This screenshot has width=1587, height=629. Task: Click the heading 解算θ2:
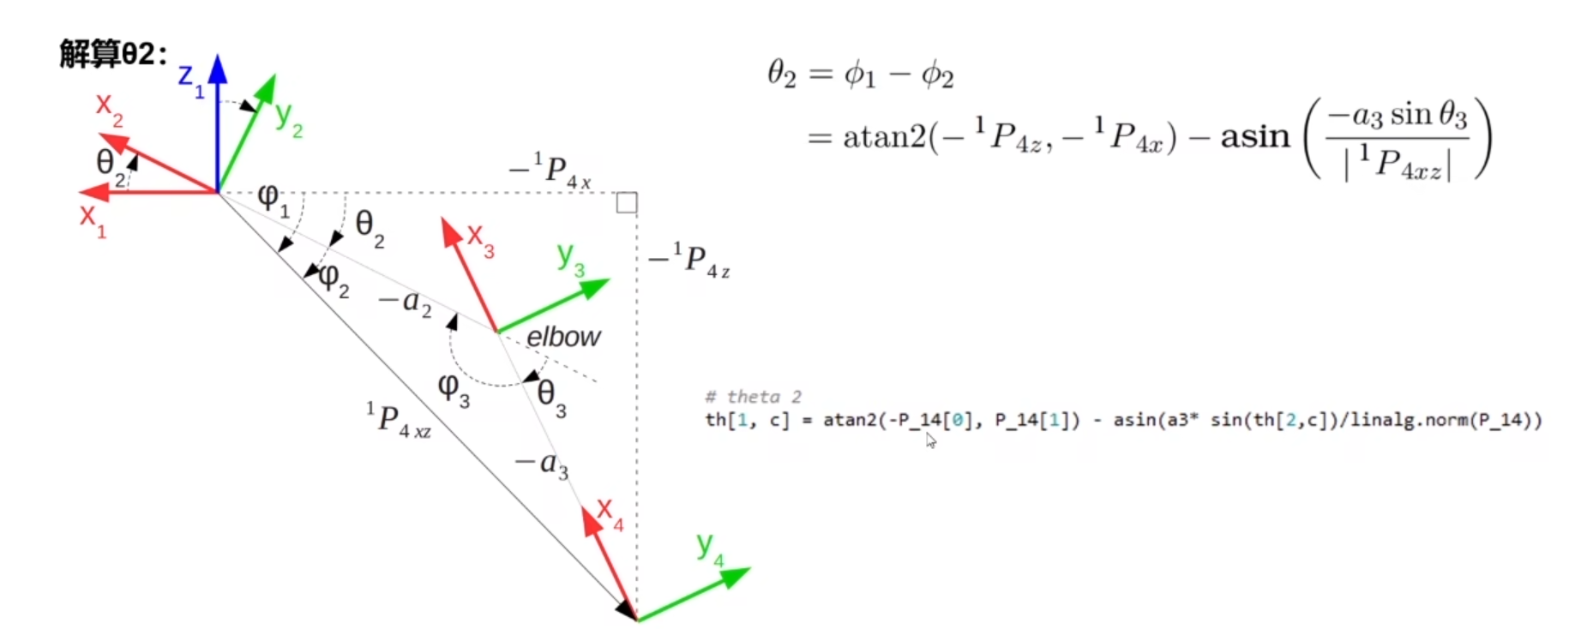[x=113, y=54]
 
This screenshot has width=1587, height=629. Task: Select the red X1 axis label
[x=92, y=219]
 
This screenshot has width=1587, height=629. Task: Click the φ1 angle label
[x=273, y=201]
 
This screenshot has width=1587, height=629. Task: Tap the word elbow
[x=563, y=337]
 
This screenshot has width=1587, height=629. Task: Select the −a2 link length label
[x=406, y=303]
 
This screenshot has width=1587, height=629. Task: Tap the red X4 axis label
[x=610, y=513]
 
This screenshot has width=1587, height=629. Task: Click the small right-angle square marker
[x=627, y=203]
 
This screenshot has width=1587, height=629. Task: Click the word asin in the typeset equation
[x=1254, y=136]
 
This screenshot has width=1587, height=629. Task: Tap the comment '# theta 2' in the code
[x=753, y=397]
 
